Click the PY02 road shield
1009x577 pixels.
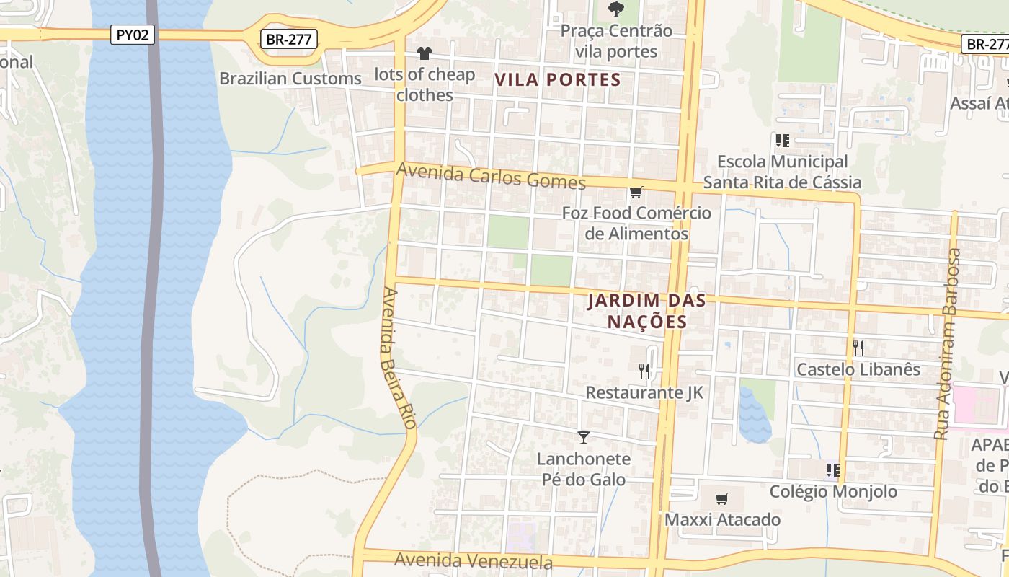[133, 35]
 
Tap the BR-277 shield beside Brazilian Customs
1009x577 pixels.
[289, 39]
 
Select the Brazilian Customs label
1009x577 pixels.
[290, 78]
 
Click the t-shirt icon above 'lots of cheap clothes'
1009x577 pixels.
[425, 53]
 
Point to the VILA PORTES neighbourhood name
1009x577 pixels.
[558, 80]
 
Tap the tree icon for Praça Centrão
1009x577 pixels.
[615, 9]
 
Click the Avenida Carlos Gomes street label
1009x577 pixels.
[491, 176]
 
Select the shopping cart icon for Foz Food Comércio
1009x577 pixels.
[636, 193]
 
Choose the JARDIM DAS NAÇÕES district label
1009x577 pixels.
[646, 311]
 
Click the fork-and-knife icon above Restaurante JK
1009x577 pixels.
[644, 371]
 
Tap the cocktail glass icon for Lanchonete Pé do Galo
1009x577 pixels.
[584, 438]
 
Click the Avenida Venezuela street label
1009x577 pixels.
[474, 560]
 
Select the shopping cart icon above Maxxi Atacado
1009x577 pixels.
[721, 499]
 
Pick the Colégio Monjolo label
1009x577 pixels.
[833, 492]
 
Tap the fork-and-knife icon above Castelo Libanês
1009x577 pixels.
[858, 348]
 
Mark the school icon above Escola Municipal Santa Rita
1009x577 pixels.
[782, 141]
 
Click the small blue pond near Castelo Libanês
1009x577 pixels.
[754, 415]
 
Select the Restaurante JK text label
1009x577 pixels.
[644, 392]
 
